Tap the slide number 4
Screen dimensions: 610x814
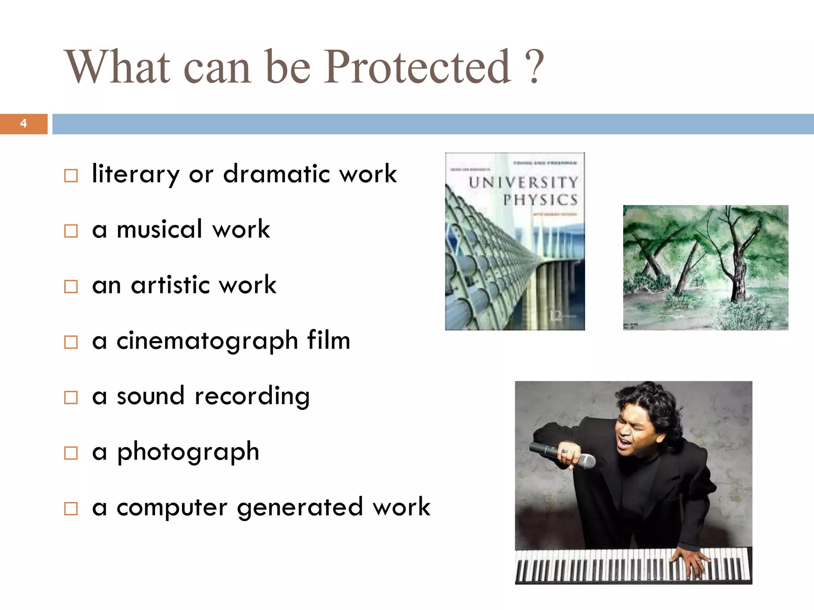coord(23,124)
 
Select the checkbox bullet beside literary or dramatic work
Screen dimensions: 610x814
coord(71,175)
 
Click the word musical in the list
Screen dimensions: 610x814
coord(159,229)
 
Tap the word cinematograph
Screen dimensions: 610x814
coord(207,341)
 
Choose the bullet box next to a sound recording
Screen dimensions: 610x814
coord(71,397)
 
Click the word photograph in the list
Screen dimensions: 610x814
coord(188,452)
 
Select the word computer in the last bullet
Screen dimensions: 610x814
coord(172,508)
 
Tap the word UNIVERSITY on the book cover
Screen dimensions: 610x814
coord(523,183)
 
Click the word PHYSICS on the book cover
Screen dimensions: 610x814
coord(540,200)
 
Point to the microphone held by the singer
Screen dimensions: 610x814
coord(562,455)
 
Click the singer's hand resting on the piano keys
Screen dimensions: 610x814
coord(690,560)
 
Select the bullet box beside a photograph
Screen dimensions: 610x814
coord(71,453)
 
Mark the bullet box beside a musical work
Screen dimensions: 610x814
coord(71,231)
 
